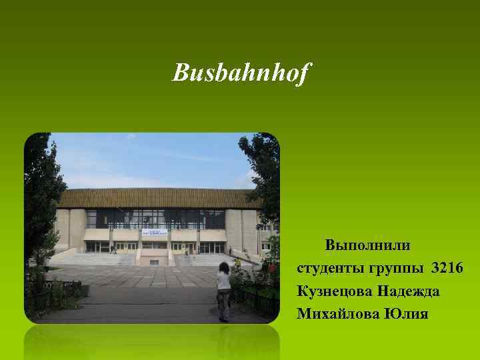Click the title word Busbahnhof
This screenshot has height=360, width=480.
[x=241, y=73]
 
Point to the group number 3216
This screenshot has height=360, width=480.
[x=448, y=268]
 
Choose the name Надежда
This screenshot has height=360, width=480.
[x=407, y=291]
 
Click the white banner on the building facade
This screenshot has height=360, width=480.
[x=153, y=233]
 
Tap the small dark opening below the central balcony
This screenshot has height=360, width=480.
[x=154, y=261]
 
